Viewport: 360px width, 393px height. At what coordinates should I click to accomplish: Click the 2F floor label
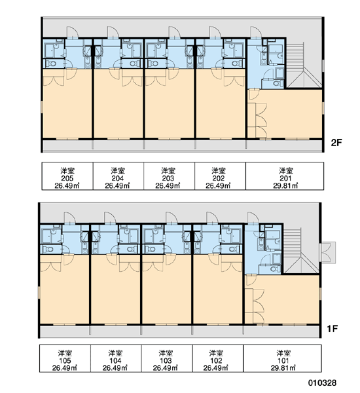pyautogui.click(x=336, y=143)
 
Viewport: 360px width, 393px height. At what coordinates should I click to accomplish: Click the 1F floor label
pyautogui.click(x=333, y=328)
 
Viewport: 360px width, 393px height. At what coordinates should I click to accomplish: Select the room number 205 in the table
pyautogui.click(x=67, y=178)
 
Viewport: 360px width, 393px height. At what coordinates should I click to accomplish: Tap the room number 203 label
pyautogui.click(x=168, y=178)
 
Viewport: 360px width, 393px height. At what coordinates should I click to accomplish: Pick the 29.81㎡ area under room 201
pyautogui.click(x=285, y=186)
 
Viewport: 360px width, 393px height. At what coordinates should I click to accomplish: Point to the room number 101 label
pyautogui.click(x=283, y=361)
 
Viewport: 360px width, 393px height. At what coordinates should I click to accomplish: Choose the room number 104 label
pyautogui.click(x=115, y=361)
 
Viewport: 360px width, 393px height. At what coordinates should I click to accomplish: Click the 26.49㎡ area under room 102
pyautogui.click(x=216, y=368)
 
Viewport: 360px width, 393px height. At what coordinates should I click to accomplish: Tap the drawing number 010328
pyautogui.click(x=322, y=383)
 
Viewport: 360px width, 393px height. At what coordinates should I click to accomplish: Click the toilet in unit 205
pyautogui.click(x=52, y=64)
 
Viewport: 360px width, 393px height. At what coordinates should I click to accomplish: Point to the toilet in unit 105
pyautogui.click(x=50, y=249)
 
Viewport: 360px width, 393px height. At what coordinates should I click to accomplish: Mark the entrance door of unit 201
pyautogui.click(x=255, y=33)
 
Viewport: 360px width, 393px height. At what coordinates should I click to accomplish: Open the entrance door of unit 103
pyautogui.click(x=171, y=218)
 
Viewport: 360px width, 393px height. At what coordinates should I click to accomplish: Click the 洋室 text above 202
pyautogui.click(x=218, y=171)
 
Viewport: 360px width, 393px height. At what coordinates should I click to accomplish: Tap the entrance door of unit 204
pyautogui.click(x=113, y=33)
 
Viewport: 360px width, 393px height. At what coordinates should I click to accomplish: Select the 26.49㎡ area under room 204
pyautogui.click(x=118, y=186)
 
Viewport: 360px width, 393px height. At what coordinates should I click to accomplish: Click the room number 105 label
pyautogui.click(x=65, y=361)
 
